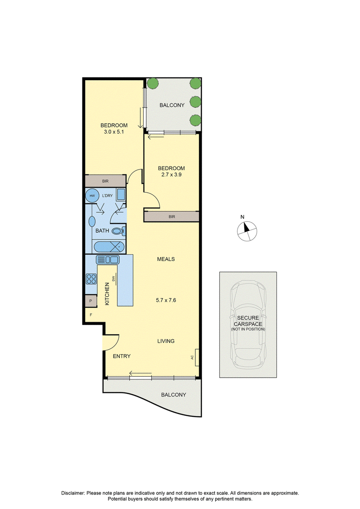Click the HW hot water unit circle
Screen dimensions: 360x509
coord(92,196)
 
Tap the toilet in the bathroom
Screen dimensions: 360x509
coord(118,231)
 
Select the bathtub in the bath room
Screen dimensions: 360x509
coord(109,247)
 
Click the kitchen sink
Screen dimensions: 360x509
coord(108,260)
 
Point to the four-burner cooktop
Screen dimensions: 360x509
coord(91,279)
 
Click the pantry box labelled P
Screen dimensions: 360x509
coord(90,301)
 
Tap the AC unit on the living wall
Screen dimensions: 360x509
coord(197,357)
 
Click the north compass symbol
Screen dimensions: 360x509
coord(247,231)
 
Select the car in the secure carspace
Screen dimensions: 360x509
coord(247,324)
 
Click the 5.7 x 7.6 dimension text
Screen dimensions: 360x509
coord(166,300)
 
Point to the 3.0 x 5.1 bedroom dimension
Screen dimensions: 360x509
coord(113,132)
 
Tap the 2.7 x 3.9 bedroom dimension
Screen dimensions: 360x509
coord(171,175)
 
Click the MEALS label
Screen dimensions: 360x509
coord(166,259)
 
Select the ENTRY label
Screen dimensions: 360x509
coord(122,356)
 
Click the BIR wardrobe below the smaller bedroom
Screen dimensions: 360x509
coord(171,216)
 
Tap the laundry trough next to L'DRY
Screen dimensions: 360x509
coord(121,195)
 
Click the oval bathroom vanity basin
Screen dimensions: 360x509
coord(92,222)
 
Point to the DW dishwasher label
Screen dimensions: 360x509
coord(113,279)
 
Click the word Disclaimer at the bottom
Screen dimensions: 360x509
coord(73,493)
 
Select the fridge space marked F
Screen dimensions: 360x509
coord(91,315)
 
